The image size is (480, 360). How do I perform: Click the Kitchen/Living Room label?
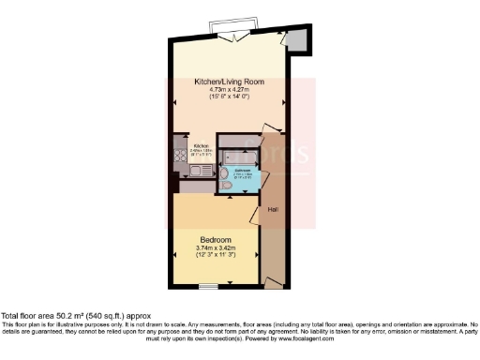pos(229,82)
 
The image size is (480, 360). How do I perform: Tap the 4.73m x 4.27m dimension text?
pos(229,89)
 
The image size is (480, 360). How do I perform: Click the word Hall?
pos(273,208)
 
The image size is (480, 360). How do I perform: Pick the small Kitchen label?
pos(201,146)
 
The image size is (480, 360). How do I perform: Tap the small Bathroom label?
pos(242,170)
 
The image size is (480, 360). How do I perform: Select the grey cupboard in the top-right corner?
pos(298,40)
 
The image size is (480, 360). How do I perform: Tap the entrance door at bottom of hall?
pos(273,281)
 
